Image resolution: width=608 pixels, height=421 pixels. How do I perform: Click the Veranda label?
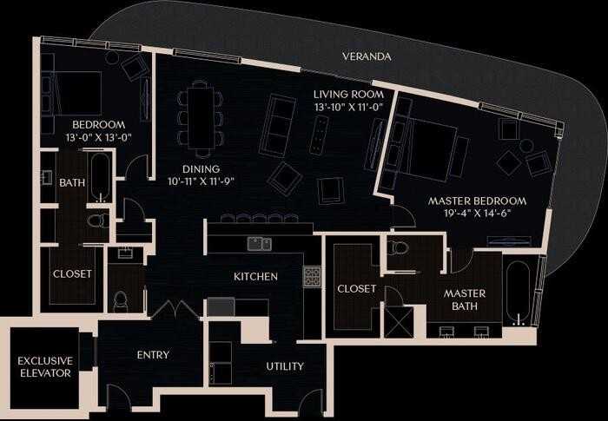[367, 57]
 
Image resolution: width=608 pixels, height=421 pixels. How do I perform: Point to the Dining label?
[201, 168]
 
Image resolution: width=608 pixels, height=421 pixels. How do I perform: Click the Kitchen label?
[255, 277]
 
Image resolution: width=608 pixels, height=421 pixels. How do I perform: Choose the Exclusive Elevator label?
[44, 366]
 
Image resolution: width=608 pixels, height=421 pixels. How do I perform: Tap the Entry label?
[153, 354]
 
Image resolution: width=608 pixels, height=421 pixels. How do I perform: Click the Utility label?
[285, 366]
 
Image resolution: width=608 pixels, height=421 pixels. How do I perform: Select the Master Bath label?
[465, 299]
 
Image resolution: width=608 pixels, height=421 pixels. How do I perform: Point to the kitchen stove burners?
[312, 277]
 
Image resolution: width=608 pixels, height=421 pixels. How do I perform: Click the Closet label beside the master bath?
[356, 288]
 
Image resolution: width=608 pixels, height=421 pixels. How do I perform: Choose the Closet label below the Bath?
[72, 273]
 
